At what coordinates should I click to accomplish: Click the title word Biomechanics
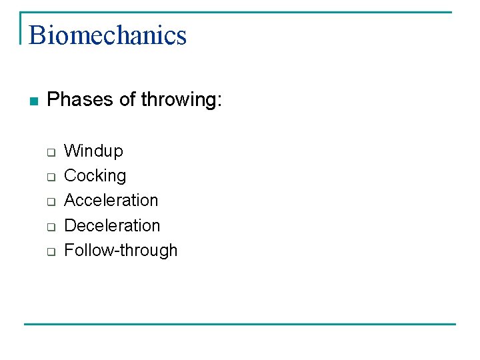point(107,35)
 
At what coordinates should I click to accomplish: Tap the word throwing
point(178,100)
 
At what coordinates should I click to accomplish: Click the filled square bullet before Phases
point(35,101)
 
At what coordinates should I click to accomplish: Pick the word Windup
point(93,151)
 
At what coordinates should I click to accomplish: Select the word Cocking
point(95,176)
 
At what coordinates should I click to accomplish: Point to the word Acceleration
point(111,200)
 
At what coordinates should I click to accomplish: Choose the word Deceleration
point(112,225)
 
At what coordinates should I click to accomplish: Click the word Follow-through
point(121,251)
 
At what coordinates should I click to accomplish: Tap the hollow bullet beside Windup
point(50,152)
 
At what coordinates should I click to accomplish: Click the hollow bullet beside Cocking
point(50,177)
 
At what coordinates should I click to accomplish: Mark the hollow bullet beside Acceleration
point(50,202)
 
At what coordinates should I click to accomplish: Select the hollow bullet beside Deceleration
point(50,227)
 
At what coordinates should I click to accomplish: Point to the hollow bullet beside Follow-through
point(50,252)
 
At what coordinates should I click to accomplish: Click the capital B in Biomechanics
point(37,35)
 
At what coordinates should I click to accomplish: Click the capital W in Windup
point(71,151)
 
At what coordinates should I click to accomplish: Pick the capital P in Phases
point(53,99)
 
